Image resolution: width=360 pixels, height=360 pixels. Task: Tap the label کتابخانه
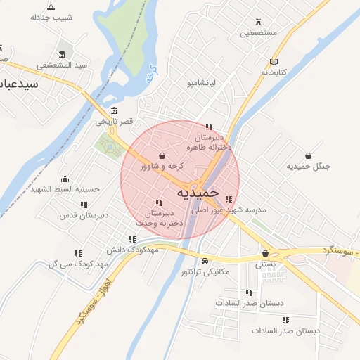point(276,72)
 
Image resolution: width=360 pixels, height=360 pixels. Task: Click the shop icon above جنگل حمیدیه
point(308,155)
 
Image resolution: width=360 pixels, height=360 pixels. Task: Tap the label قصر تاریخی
point(115,122)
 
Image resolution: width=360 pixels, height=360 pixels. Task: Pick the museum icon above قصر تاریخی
point(115,111)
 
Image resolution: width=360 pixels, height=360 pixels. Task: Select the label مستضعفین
point(259,33)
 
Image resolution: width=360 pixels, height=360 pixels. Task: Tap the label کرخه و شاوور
point(162,166)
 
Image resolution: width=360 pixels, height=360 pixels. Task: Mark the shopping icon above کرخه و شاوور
point(162,155)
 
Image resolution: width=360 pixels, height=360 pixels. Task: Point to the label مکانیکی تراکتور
point(205,271)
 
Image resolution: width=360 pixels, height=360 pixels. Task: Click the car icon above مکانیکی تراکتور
point(205,260)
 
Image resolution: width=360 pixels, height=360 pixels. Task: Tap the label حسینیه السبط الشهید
point(65,189)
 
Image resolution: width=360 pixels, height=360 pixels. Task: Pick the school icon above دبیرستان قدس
point(84,205)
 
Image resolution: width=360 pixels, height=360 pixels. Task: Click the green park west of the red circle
point(109,147)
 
